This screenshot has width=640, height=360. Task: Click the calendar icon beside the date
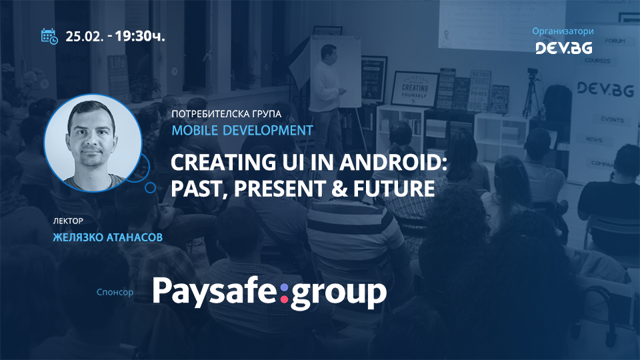(x=49, y=36)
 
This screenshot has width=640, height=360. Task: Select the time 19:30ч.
(x=140, y=36)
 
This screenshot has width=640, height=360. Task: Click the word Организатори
(x=563, y=31)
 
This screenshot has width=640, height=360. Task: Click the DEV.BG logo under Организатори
(x=563, y=47)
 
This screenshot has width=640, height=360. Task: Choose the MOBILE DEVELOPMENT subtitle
(x=242, y=130)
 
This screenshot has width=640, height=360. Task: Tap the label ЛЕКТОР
(x=67, y=220)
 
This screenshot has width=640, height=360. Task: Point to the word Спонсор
(x=115, y=292)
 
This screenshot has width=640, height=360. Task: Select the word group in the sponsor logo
(x=339, y=294)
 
